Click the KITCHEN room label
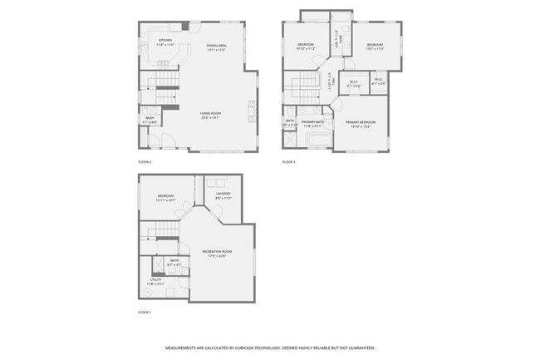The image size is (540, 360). tap(165, 40)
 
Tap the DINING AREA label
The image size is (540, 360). tap(216, 46)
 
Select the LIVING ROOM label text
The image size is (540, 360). tap(209, 115)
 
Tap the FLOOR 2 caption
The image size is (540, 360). tap(145, 161)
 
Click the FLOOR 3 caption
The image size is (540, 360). tap(288, 161)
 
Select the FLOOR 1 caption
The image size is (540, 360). tap(145, 312)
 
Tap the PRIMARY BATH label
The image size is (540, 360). tap(313, 123)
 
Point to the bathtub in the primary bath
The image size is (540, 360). tap(317, 144)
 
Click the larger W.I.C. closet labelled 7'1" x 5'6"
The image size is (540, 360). tap(354, 82)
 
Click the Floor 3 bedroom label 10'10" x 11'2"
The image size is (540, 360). tap(305, 46)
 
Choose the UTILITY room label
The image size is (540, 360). tap(156, 281)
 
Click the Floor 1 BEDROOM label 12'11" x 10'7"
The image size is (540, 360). tap(166, 198)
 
